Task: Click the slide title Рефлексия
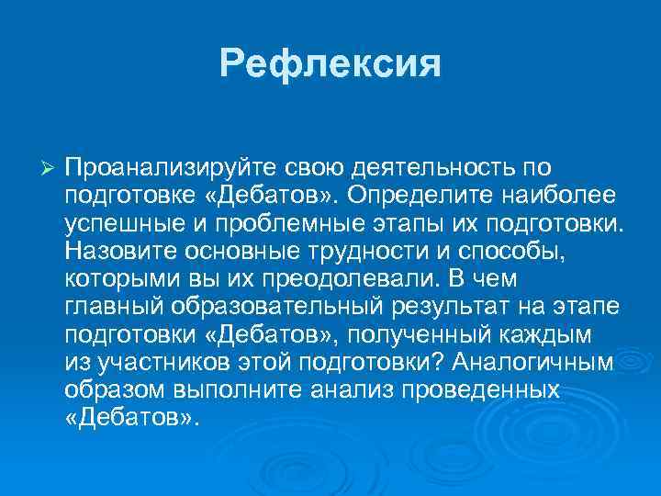tap(330, 63)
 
